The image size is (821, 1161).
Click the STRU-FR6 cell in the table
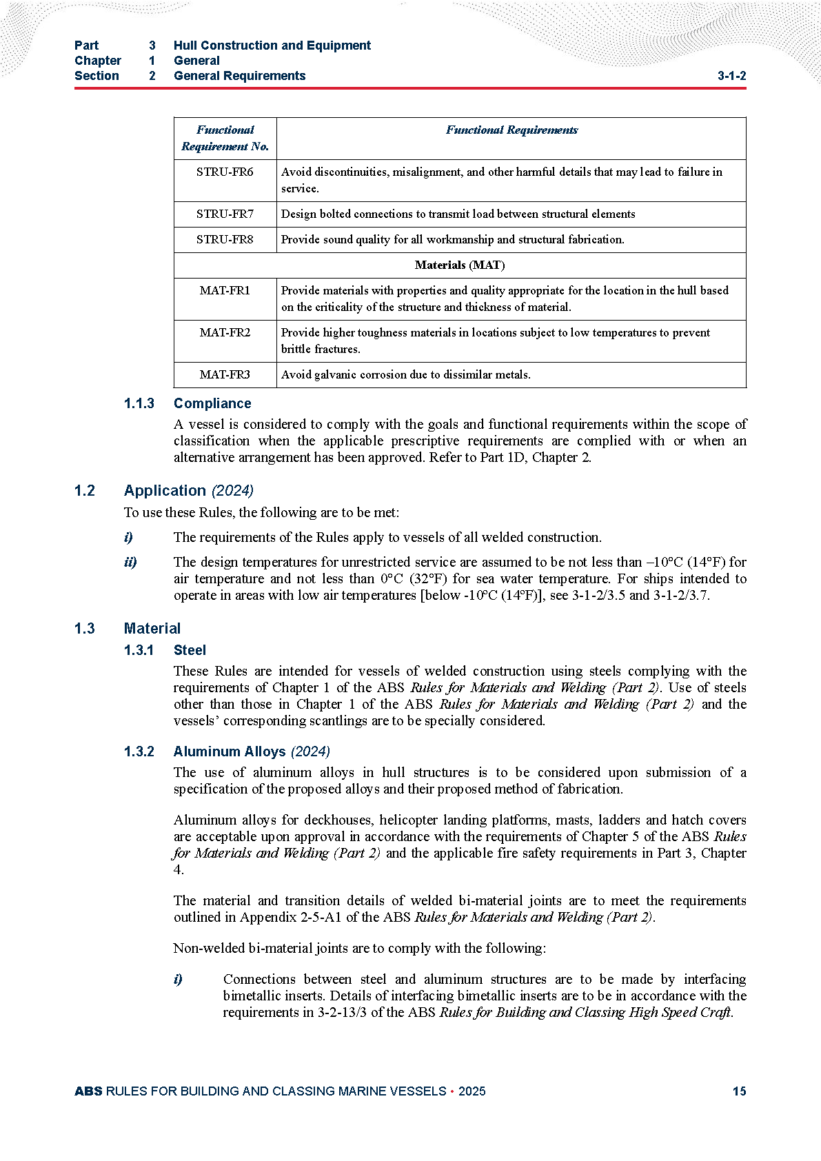[x=225, y=172]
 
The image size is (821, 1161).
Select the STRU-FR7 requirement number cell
[x=225, y=214]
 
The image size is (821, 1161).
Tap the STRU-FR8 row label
[x=225, y=240]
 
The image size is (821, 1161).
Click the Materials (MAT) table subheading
[x=460, y=265]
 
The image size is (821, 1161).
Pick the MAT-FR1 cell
[x=225, y=291]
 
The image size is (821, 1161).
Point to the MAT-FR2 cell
[x=225, y=333]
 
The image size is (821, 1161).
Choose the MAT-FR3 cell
[x=225, y=375]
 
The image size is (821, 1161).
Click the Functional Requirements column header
[x=511, y=130]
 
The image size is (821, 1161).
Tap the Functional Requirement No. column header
[x=225, y=138]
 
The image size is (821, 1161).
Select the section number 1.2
[x=85, y=491]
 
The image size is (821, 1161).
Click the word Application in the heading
[x=165, y=491]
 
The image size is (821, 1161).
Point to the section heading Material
[x=152, y=629]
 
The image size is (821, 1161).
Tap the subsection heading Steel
[x=190, y=651]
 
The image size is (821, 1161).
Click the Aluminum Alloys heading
[x=230, y=752]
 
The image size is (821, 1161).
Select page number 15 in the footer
[x=739, y=1091]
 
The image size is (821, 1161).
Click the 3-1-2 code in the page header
[x=731, y=77]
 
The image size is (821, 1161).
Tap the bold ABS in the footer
[x=88, y=1091]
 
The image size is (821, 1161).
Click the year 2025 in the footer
[x=472, y=1091]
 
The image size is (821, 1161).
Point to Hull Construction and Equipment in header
[x=272, y=46]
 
